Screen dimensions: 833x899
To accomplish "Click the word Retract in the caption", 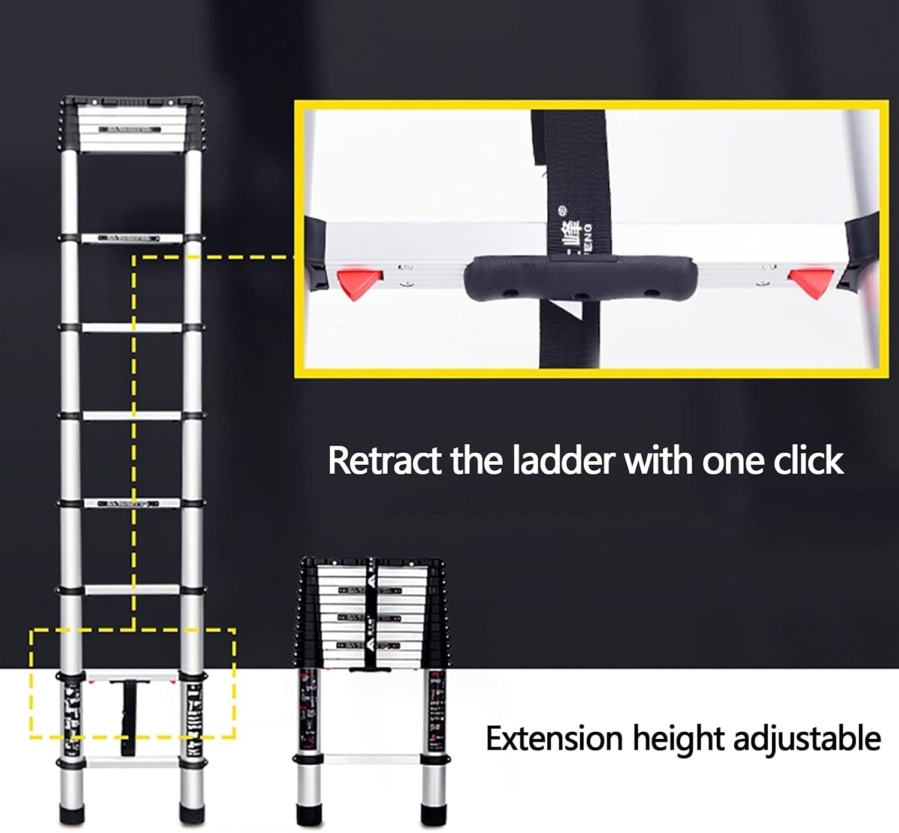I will coord(384,461).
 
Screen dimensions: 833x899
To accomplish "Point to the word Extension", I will coord(554,738).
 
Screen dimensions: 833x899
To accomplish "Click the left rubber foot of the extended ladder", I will coord(72,813).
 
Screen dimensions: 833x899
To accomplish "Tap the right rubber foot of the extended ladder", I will coord(192,813).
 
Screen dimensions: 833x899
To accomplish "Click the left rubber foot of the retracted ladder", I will coord(310,814).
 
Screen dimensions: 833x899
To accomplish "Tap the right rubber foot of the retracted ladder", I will coord(433,814).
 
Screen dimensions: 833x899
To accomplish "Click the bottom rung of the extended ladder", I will coord(132,764).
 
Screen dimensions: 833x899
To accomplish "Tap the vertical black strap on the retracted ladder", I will coord(370,612).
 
